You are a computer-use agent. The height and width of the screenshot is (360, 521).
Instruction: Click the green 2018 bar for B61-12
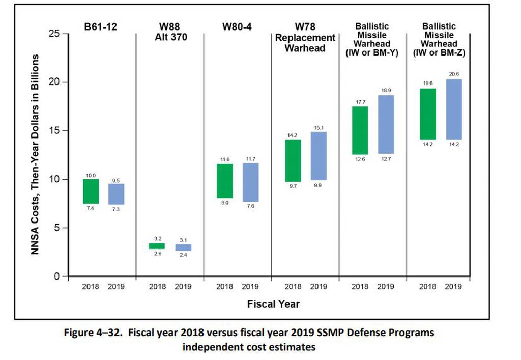pos(91,191)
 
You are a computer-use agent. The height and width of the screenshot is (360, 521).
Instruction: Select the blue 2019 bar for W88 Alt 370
pos(183,247)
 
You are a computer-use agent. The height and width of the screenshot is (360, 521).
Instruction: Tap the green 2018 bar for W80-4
pos(225,181)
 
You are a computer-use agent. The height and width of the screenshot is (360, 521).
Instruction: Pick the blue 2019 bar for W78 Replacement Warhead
pos(319,156)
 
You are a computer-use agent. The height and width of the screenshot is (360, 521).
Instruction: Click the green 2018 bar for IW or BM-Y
pos(360,130)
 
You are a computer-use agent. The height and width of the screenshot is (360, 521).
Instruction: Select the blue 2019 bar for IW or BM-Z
pos(453,109)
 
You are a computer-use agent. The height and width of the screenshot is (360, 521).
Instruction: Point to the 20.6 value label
pos(453,74)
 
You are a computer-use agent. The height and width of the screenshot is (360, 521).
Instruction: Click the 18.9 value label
pos(386,90)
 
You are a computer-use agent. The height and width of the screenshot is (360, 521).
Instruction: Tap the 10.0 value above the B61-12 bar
pos(91,175)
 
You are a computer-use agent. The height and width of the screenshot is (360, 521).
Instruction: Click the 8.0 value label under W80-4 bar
pos(225,203)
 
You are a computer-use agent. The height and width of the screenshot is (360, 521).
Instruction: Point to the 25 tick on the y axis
pos(54,34)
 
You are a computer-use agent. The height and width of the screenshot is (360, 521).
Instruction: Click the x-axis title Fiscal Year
pos(273,304)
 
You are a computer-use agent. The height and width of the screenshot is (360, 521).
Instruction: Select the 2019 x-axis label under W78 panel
pos(319,287)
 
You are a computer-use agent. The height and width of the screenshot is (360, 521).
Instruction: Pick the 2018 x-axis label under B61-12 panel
pos(91,287)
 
